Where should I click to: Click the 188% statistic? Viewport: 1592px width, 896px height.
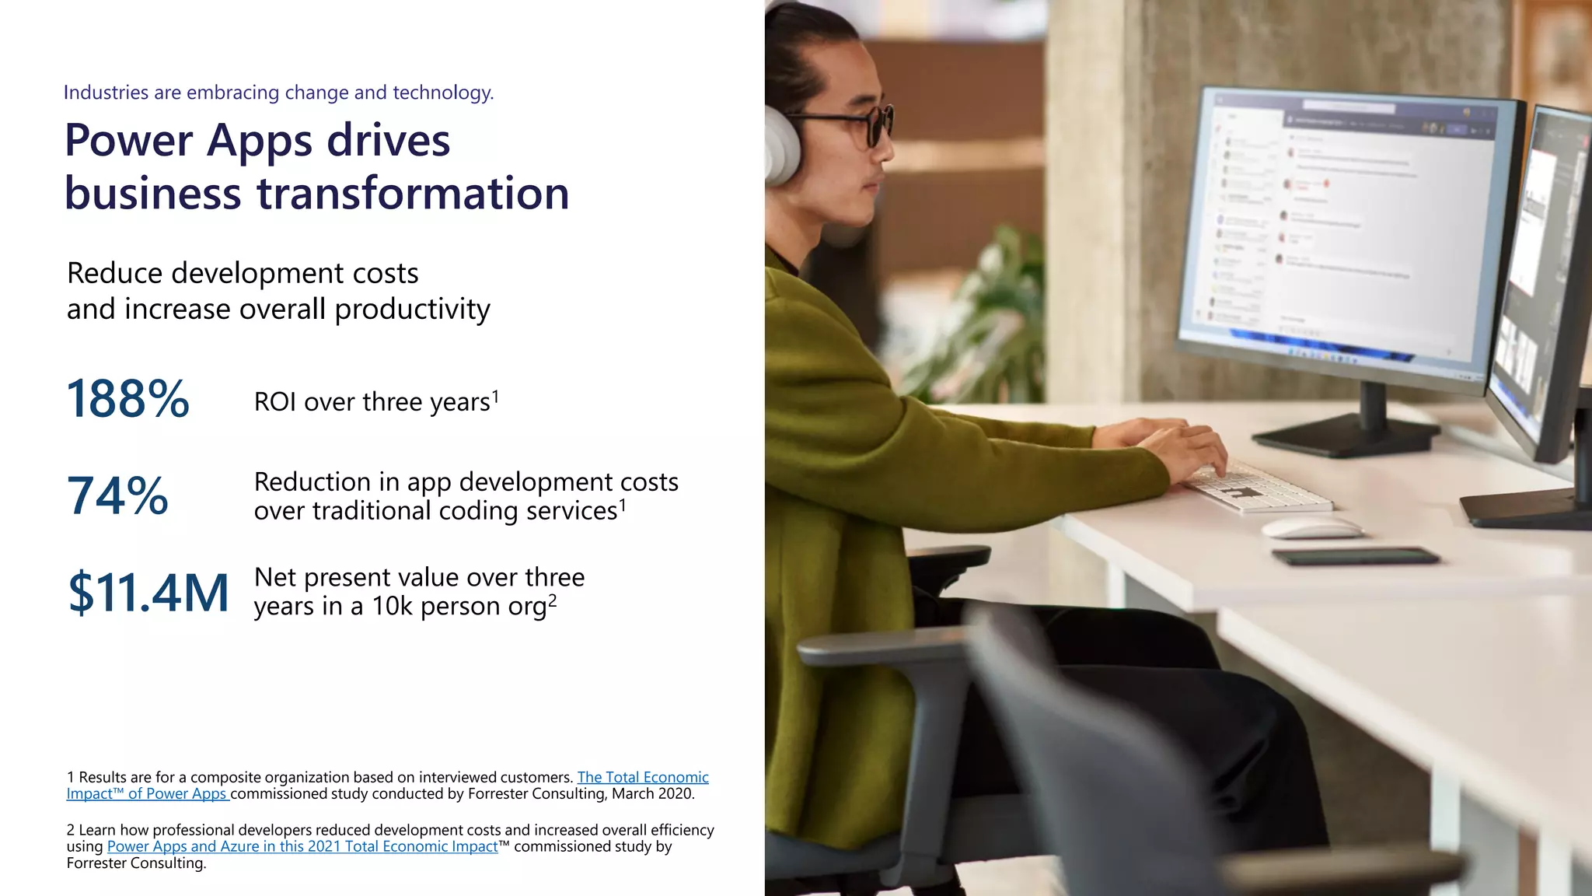[128, 399]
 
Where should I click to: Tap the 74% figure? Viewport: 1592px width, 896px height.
[117, 495]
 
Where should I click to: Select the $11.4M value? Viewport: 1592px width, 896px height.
[148, 592]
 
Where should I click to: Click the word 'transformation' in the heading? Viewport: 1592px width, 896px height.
[413, 193]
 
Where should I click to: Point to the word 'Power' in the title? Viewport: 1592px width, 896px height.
[128, 141]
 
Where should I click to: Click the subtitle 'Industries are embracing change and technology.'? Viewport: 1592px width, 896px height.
[278, 93]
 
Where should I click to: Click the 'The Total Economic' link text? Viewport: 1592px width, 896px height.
[642, 777]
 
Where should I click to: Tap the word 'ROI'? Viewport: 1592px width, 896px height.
[275, 402]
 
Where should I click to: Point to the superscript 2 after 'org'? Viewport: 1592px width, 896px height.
[553, 600]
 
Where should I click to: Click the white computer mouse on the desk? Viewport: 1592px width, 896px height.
[1311, 528]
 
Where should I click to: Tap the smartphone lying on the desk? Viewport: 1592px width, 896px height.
[1355, 555]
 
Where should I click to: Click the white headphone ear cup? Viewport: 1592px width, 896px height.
[780, 144]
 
